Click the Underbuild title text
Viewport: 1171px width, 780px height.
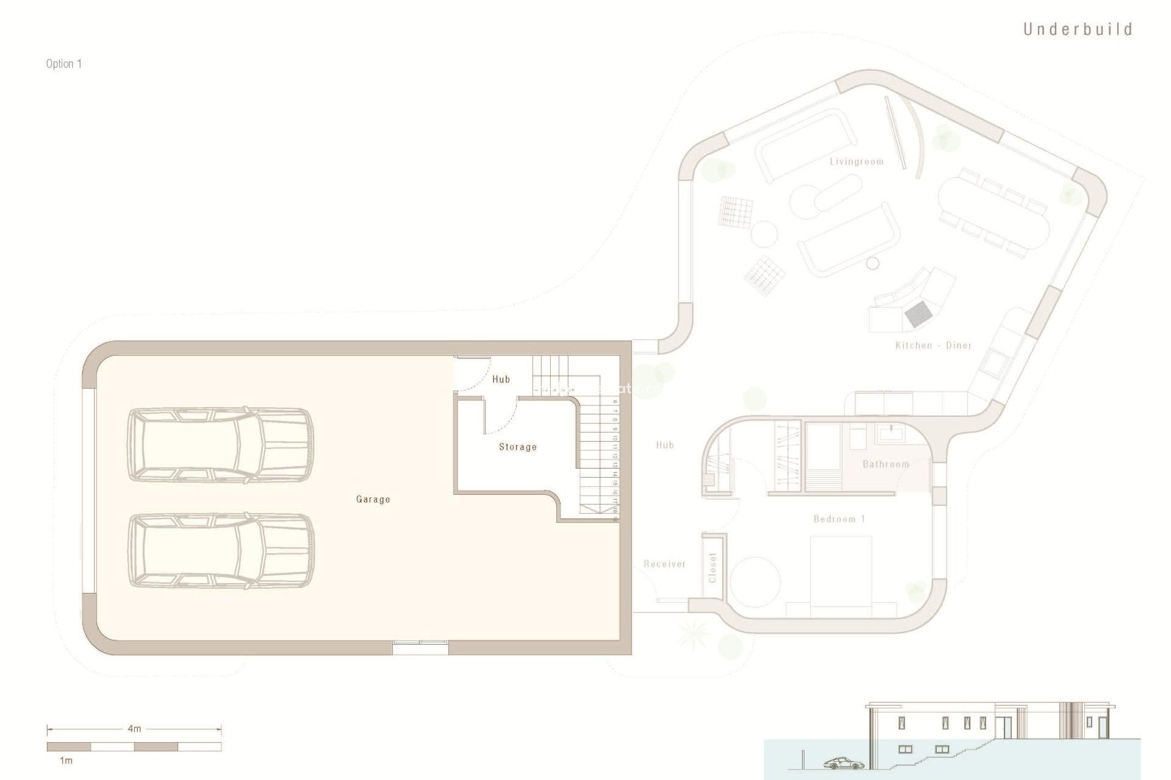coord(1077,29)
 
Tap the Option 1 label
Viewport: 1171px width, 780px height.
coord(63,63)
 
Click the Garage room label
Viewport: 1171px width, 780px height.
coord(373,499)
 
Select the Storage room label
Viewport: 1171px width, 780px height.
coord(518,447)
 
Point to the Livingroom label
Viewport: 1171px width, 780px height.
coord(856,161)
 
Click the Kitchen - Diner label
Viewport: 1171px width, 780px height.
coord(933,346)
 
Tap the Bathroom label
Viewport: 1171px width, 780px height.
coord(886,464)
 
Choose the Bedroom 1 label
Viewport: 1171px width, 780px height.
coord(839,519)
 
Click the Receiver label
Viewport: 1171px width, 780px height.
coord(664,564)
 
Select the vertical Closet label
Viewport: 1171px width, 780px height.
coord(712,567)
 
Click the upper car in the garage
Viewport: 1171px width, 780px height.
coord(220,445)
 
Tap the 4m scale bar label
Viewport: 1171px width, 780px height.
coord(134,728)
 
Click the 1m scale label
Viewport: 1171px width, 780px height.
coord(66,760)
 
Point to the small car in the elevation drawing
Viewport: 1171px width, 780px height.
coord(843,764)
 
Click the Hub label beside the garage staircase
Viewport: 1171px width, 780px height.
coord(501,379)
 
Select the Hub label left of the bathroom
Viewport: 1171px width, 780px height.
coord(665,445)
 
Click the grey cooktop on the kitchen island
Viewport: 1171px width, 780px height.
coord(918,313)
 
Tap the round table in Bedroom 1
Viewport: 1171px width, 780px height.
coord(755,581)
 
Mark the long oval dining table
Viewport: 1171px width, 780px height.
coord(994,210)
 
